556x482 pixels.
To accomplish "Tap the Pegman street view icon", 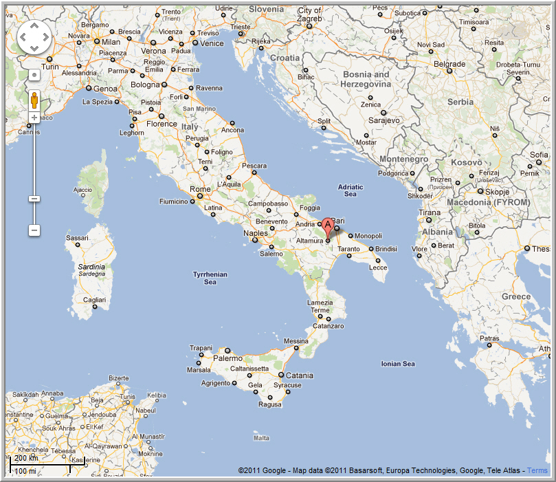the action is coord(34,101).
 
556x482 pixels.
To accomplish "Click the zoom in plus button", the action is coord(34,118).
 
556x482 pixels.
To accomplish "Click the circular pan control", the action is coord(34,36).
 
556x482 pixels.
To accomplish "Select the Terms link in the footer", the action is coord(537,470).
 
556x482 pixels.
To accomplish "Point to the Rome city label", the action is coord(200,189).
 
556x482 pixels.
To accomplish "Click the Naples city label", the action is coord(255,232).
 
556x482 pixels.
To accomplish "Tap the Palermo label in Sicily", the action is coord(227,358).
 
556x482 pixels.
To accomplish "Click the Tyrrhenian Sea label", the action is coord(210,278).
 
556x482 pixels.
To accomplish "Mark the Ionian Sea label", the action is coord(398,364).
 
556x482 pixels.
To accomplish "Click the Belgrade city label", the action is coord(449,64).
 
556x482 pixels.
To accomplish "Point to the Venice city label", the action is coord(212,43).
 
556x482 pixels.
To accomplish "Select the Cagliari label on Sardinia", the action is coord(94,300).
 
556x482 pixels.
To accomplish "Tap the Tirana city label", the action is coord(430,212).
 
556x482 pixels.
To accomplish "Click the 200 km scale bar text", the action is coord(26,458).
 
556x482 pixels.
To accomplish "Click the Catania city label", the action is coord(299,375).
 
